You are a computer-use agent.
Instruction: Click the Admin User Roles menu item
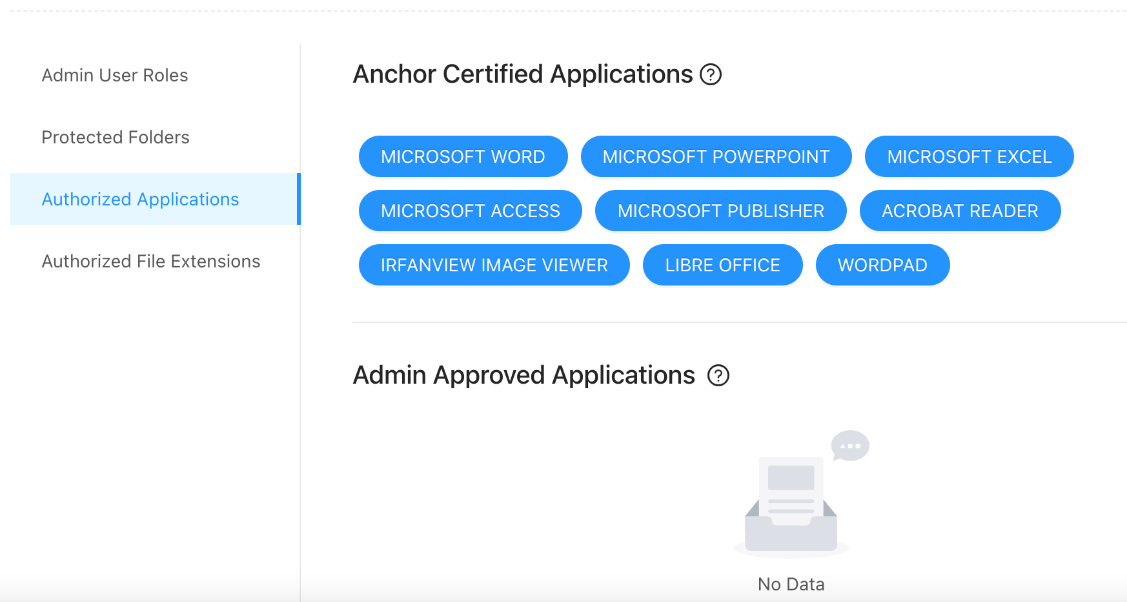[115, 76]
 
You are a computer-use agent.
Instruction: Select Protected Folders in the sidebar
[116, 138]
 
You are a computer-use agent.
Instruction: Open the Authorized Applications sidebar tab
[140, 200]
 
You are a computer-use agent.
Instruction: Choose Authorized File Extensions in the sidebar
[151, 262]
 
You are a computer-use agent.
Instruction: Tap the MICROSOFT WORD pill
[463, 156]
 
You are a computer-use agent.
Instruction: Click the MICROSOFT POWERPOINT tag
[716, 156]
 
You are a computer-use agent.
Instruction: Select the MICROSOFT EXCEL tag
[969, 156]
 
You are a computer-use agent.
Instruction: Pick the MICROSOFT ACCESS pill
[470, 211]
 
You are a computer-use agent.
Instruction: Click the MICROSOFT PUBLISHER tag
[720, 211]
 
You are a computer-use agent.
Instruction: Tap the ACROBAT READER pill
[960, 211]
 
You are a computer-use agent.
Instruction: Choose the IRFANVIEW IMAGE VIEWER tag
[494, 265]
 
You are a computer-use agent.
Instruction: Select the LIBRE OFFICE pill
[722, 265]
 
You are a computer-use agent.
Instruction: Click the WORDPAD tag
[882, 265]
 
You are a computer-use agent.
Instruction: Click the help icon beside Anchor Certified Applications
[711, 75]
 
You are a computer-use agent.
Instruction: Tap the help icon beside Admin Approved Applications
[718, 375]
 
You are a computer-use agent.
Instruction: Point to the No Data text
[791, 584]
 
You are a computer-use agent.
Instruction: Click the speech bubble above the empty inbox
[850, 446]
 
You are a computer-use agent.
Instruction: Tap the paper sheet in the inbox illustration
[791, 484]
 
